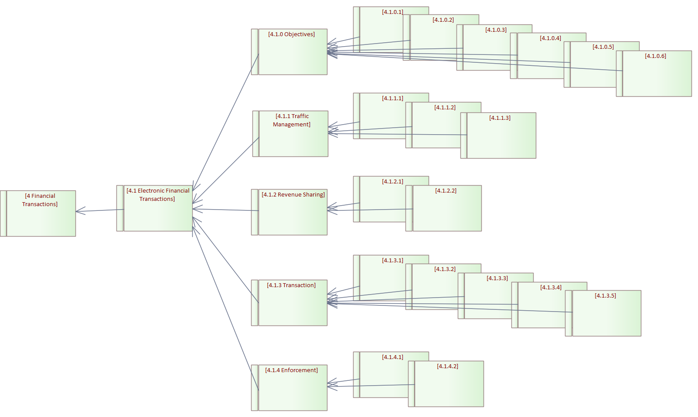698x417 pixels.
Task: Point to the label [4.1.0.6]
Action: (x=655, y=56)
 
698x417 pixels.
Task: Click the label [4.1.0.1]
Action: (x=392, y=12)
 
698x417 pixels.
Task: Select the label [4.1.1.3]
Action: (x=500, y=118)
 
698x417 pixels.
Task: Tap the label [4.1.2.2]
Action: (x=446, y=191)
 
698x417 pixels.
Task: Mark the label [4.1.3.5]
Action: (x=605, y=296)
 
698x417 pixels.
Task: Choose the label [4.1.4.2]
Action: (x=447, y=366)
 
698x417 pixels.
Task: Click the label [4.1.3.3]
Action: (x=497, y=278)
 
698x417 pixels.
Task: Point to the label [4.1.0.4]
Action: (x=550, y=38)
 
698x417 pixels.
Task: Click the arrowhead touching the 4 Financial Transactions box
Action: (x=79, y=211)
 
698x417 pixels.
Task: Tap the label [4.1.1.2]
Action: (x=445, y=108)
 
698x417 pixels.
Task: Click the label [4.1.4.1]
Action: (x=392, y=357)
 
